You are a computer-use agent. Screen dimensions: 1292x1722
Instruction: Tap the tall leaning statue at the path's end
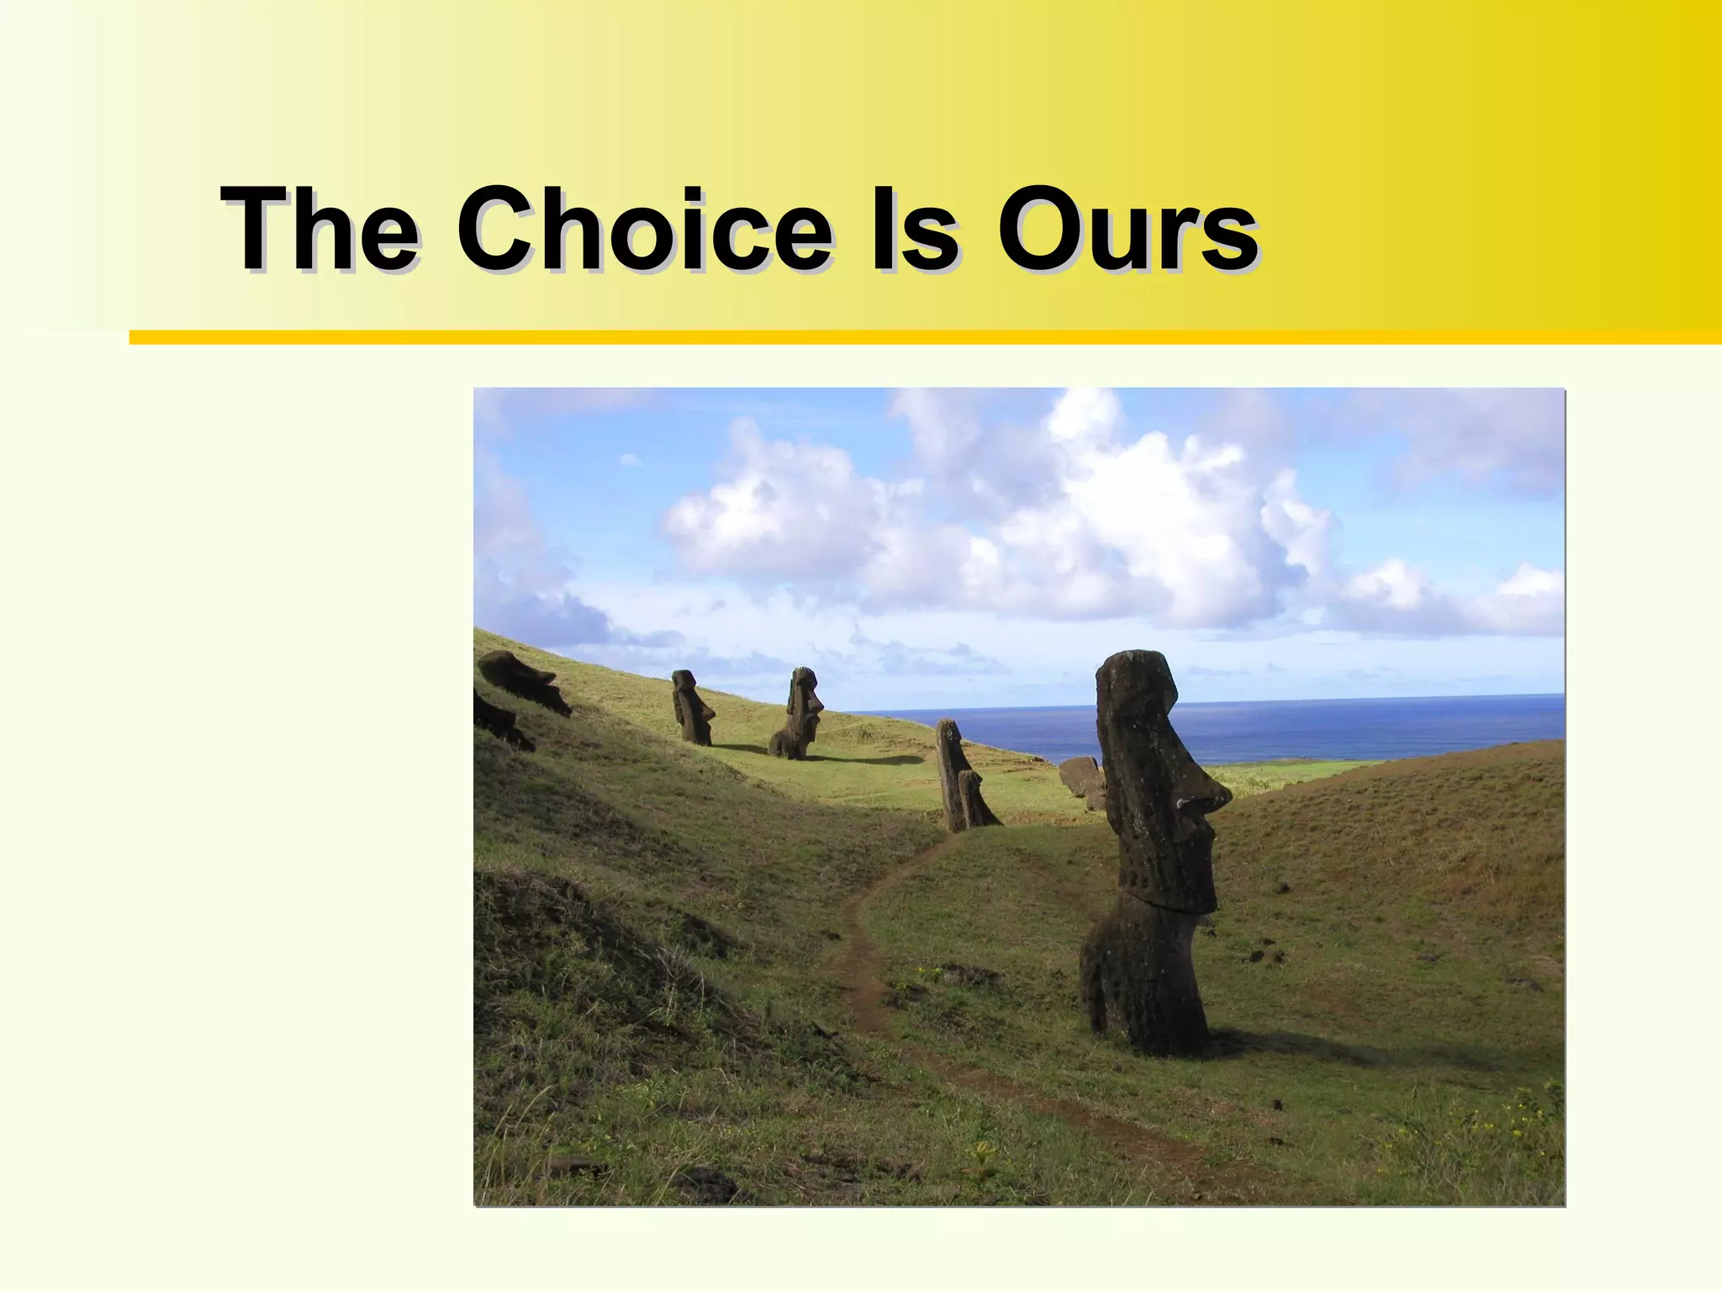(x=954, y=774)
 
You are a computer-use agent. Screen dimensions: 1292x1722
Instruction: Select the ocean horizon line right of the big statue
(x=1387, y=697)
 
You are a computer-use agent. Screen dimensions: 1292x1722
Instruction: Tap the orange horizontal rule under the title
(x=925, y=337)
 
